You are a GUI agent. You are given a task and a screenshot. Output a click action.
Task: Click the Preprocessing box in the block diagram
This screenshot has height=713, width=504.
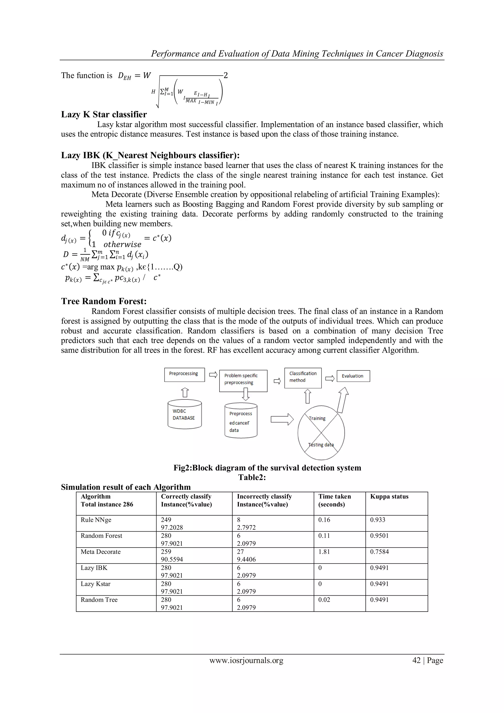184,375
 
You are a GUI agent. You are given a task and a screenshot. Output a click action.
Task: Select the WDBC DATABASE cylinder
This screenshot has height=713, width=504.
185,414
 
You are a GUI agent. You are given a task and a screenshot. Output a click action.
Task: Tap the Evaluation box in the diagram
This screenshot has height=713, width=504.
353,376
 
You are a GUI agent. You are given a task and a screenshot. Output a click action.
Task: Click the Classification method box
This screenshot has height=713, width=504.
303,378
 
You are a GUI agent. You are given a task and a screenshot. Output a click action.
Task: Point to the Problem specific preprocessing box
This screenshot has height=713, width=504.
243,380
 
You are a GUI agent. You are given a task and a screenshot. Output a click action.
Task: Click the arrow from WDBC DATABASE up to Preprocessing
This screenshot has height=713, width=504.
185,392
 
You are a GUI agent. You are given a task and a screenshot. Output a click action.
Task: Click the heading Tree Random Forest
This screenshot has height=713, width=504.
104,301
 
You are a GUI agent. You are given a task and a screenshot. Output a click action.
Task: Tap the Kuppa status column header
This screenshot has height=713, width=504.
389,497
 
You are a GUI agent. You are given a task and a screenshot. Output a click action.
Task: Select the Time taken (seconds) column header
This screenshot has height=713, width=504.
334,500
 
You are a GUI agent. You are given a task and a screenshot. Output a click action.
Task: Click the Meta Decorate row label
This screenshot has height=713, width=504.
101,552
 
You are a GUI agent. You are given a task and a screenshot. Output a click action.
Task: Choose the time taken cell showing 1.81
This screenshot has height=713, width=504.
324,552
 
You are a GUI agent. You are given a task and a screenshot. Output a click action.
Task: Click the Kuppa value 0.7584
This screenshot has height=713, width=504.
379,552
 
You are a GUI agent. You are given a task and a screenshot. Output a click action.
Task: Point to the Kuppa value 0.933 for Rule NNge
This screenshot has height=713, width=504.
377,520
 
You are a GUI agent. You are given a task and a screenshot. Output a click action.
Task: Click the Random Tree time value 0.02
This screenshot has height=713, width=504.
324,600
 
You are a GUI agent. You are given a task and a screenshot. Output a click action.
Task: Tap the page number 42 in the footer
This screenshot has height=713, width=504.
416,661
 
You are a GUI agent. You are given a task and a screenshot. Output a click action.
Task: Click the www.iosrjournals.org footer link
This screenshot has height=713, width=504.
246,661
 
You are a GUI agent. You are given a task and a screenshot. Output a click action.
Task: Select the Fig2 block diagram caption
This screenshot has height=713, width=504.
267,468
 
